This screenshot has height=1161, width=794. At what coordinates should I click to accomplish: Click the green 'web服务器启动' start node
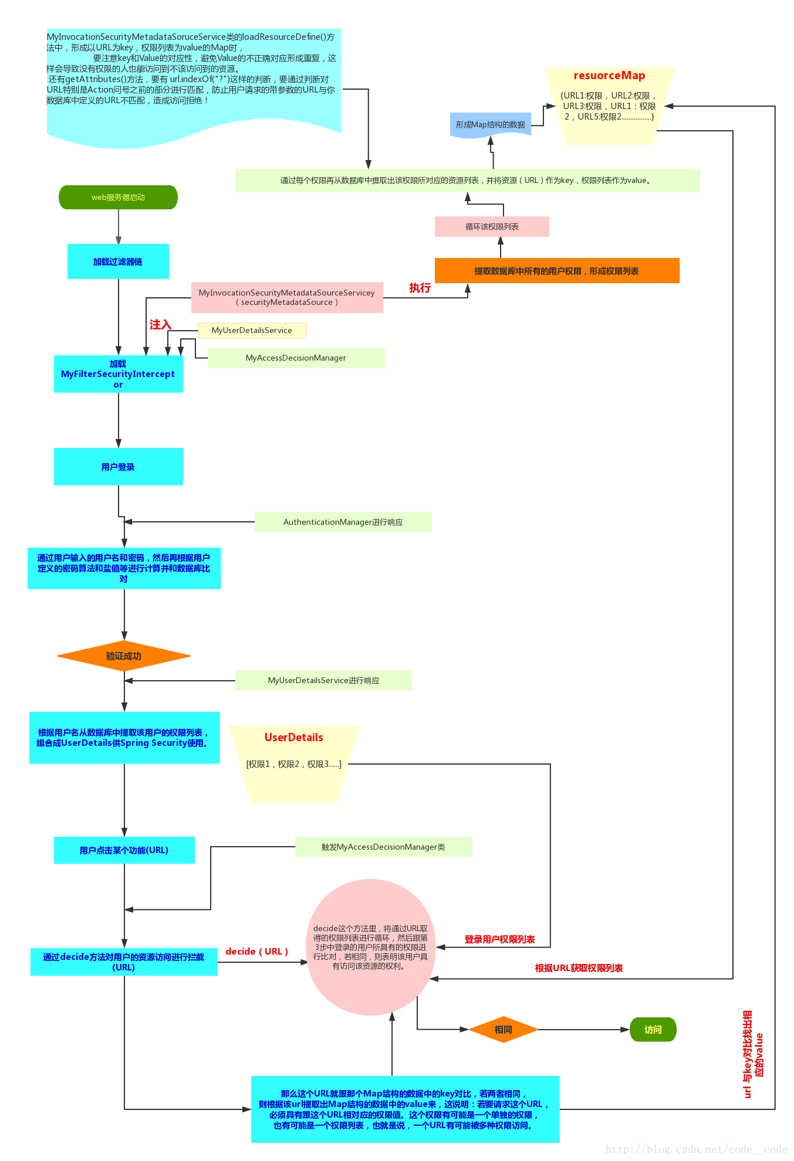(x=118, y=197)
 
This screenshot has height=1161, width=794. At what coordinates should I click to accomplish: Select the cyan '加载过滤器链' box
(x=118, y=262)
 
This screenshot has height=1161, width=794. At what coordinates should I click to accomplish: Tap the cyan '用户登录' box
(x=118, y=467)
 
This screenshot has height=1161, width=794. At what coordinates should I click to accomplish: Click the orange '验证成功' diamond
(x=124, y=656)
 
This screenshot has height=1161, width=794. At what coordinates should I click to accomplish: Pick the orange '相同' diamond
(x=504, y=1030)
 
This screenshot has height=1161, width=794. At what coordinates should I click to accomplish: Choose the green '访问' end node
(x=653, y=1030)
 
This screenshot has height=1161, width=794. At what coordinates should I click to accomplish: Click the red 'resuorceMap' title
(x=609, y=76)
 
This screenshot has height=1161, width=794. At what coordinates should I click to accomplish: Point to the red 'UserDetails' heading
(x=293, y=738)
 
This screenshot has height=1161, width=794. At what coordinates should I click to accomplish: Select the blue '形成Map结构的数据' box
(x=491, y=125)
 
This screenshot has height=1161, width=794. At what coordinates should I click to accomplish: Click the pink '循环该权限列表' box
(x=492, y=226)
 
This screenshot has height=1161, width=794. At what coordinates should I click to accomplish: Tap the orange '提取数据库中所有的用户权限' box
(x=557, y=271)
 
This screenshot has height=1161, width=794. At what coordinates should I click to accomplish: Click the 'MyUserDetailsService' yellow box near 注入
(x=252, y=330)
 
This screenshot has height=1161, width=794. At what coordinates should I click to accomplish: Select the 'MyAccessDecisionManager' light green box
(x=296, y=358)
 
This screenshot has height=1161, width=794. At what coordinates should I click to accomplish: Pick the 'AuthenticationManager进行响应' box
(x=343, y=522)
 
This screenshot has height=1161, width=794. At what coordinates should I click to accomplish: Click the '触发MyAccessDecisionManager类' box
(x=383, y=847)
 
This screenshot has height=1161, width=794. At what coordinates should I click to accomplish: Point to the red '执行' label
(x=420, y=287)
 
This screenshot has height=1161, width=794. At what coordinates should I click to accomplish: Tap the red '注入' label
(x=160, y=324)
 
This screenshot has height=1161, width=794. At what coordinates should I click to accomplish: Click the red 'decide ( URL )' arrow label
(x=257, y=951)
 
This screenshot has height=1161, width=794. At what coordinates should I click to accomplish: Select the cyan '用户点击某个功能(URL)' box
(x=124, y=850)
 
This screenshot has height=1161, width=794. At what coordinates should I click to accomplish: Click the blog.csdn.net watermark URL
(x=696, y=1149)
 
